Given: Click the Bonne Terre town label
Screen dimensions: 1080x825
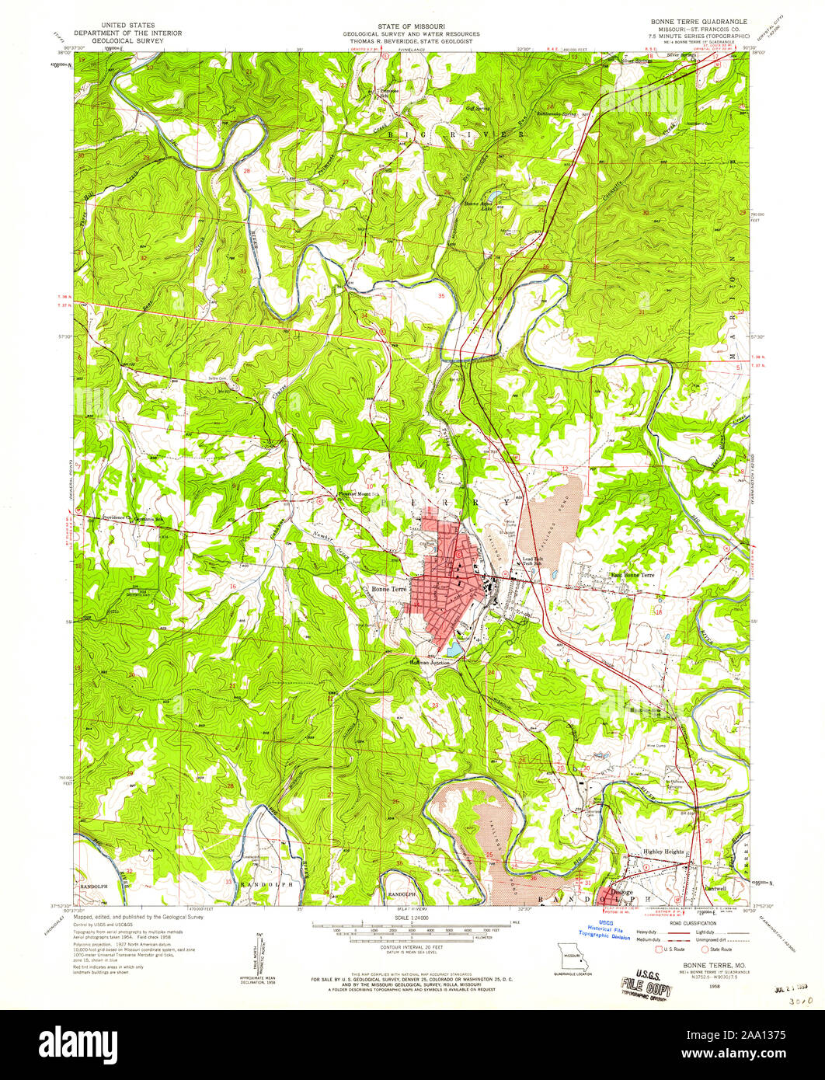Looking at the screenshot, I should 389,589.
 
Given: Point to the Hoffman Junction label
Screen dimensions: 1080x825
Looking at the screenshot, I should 430,662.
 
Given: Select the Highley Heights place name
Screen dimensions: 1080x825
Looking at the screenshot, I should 663,852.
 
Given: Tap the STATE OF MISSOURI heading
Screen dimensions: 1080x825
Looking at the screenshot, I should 412,26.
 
